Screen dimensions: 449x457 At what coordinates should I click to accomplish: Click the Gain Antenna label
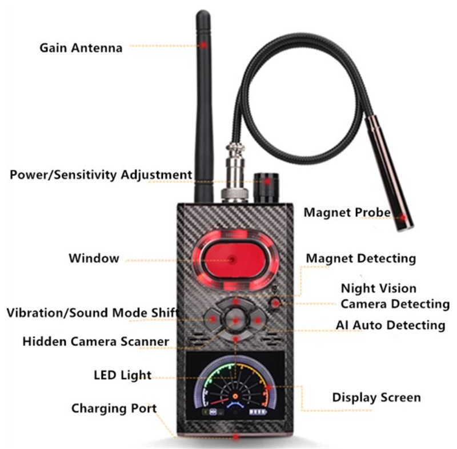pyautogui.click(x=81, y=47)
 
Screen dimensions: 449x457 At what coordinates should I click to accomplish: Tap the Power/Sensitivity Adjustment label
pyautogui.click(x=101, y=174)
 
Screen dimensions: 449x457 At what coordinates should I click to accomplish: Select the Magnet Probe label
pyautogui.click(x=347, y=213)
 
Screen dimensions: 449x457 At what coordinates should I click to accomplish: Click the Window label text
pyautogui.click(x=94, y=258)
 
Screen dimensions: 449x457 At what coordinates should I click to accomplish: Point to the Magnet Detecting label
pyautogui.click(x=361, y=258)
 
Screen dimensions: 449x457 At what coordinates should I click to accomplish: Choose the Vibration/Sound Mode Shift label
pyautogui.click(x=92, y=313)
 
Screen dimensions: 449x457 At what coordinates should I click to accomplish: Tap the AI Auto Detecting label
pyautogui.click(x=390, y=325)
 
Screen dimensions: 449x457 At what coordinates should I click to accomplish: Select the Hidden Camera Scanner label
pyautogui.click(x=96, y=341)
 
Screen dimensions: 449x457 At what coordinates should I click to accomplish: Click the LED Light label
pyautogui.click(x=123, y=375)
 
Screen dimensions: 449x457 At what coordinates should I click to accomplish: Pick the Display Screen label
pyautogui.click(x=376, y=397)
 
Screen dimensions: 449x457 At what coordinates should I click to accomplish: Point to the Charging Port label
pyautogui.click(x=114, y=408)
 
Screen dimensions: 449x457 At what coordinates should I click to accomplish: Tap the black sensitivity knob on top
pyautogui.click(x=264, y=186)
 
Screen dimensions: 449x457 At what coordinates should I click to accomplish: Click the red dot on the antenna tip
pyautogui.click(x=204, y=43)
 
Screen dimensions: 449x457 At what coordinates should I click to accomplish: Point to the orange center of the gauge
pyautogui.click(x=235, y=396)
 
